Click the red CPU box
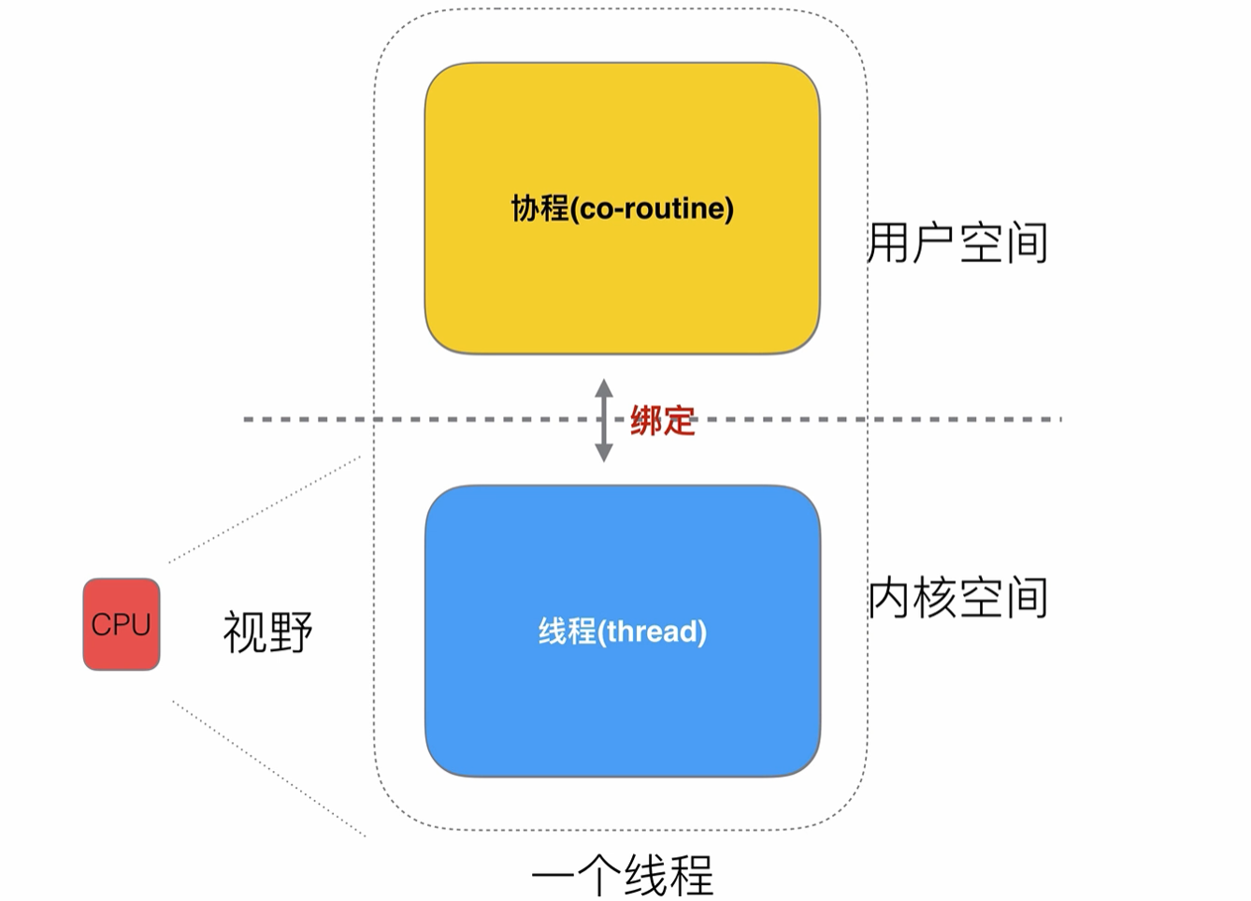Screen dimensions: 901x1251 122,624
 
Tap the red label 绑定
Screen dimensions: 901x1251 662,420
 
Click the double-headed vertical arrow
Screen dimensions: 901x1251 604,420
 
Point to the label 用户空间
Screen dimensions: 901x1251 957,243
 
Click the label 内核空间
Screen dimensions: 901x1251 957,598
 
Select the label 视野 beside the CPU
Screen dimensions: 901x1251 267,632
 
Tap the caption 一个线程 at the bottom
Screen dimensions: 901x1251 622,876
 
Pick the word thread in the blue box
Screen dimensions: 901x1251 653,632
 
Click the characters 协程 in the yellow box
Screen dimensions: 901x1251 539,208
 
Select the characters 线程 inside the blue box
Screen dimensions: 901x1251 567,632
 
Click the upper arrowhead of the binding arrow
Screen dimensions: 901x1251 604,386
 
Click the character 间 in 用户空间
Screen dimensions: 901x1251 1027,243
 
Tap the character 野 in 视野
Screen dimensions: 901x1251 290,632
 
